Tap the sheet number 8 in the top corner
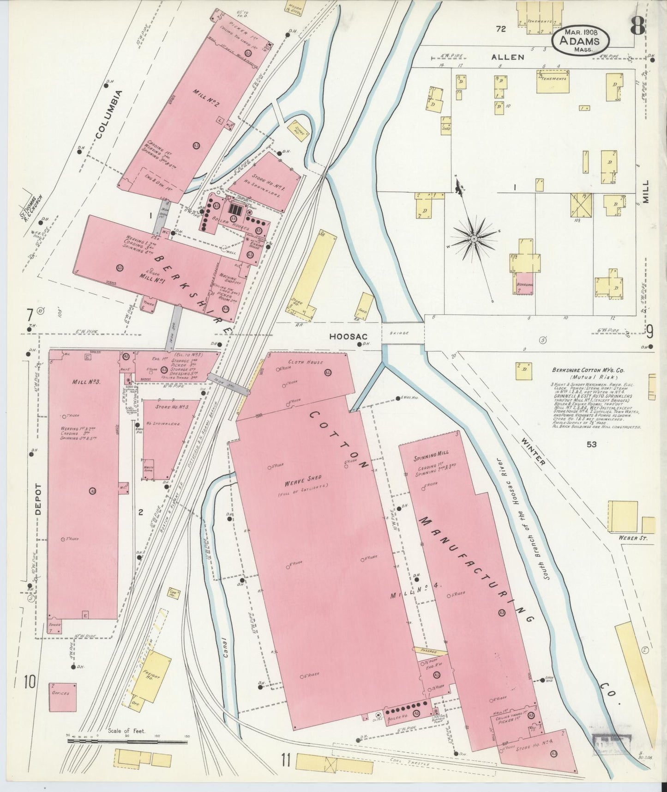(x=637, y=27)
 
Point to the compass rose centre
(x=474, y=239)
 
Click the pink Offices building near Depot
(x=62, y=697)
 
